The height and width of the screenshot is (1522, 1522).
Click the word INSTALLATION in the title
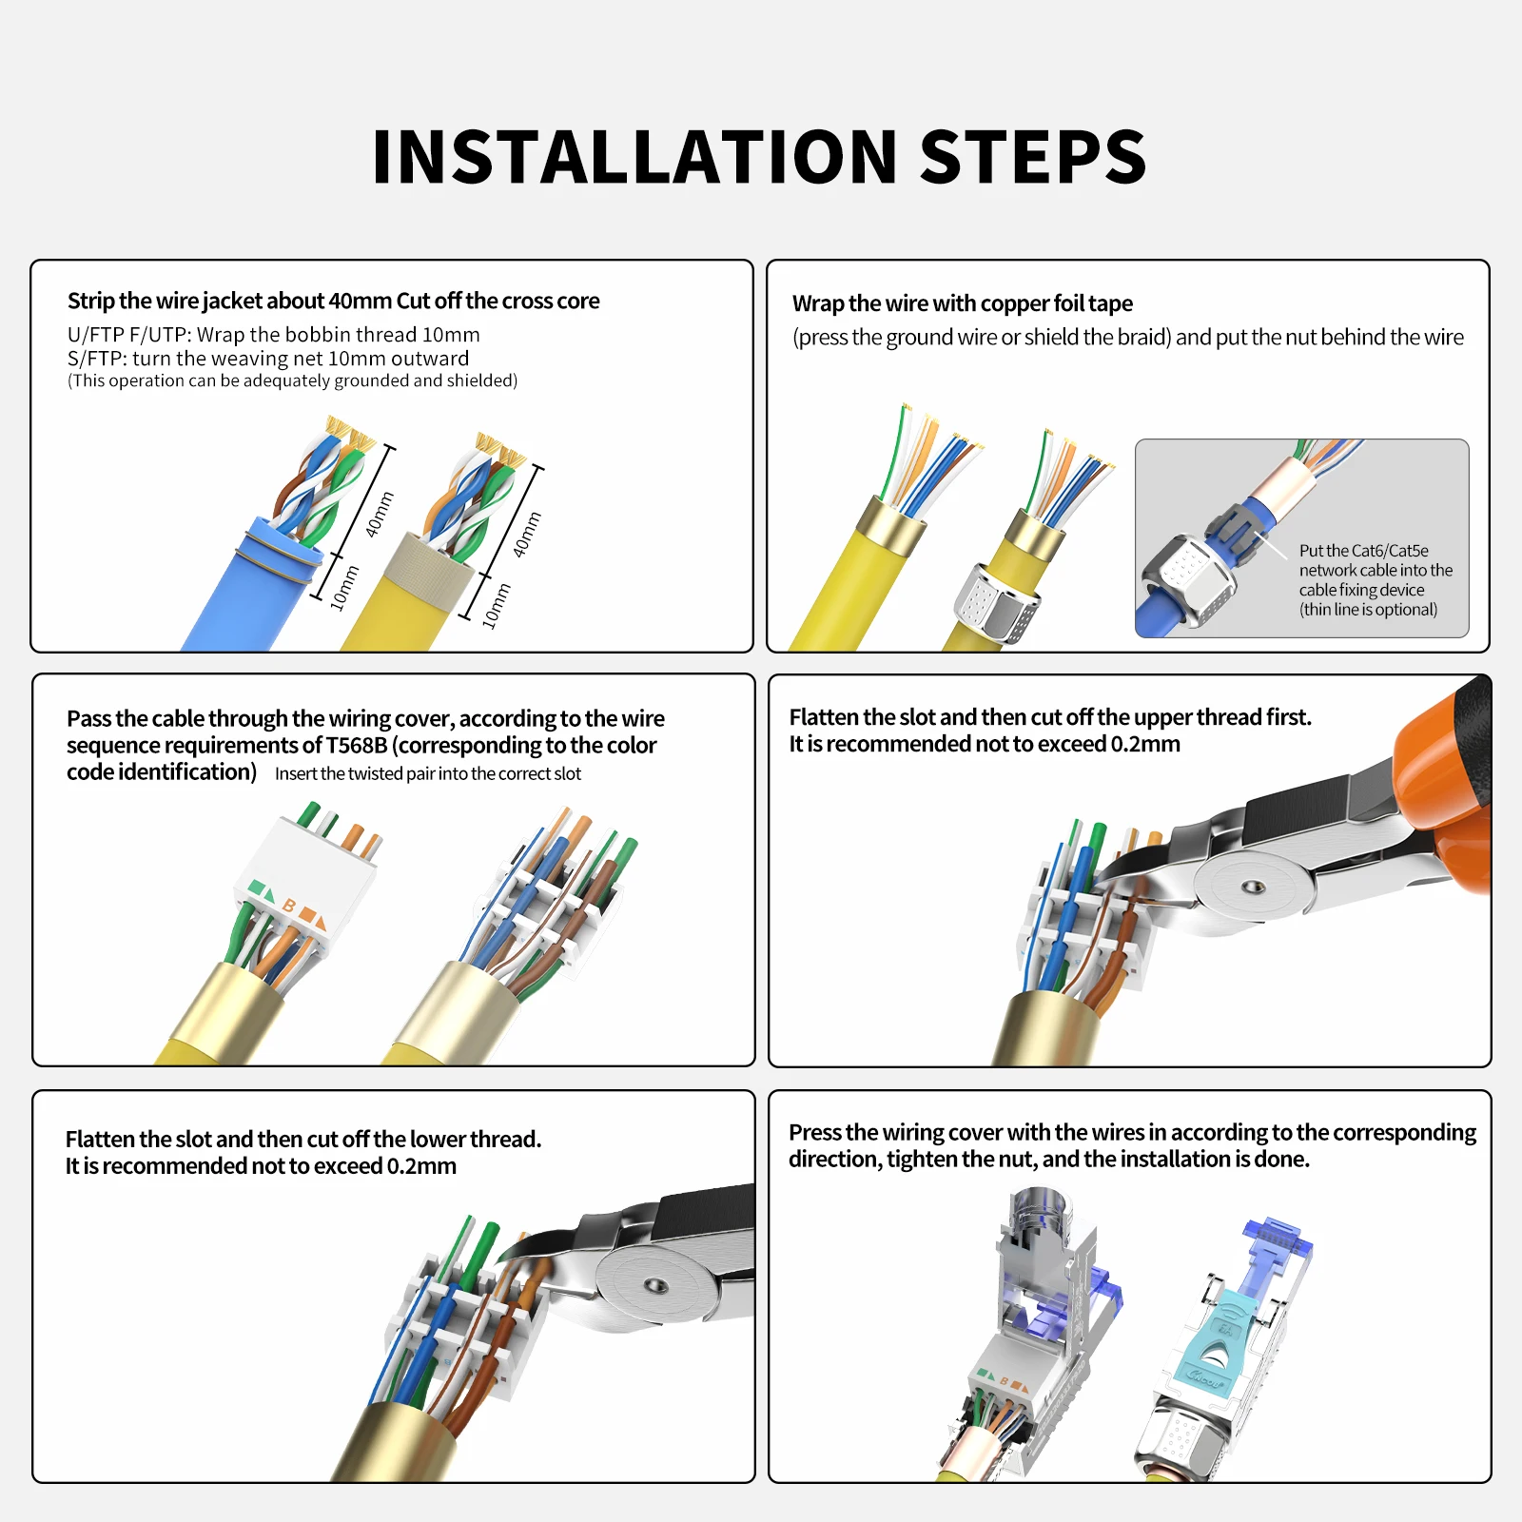click(x=634, y=157)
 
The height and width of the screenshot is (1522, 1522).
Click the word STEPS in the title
click(x=1034, y=157)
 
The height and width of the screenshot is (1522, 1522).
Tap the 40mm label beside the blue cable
click(x=380, y=514)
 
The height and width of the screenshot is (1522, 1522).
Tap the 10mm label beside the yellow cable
click(x=497, y=606)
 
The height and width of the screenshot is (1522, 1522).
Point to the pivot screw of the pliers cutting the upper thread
click(x=1255, y=887)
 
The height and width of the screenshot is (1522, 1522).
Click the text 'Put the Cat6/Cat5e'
click(x=1364, y=551)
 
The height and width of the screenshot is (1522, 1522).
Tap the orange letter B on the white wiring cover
click(x=289, y=906)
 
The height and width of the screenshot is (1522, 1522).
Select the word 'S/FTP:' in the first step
click(x=97, y=359)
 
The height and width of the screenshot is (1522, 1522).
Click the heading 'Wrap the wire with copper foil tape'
click(x=963, y=303)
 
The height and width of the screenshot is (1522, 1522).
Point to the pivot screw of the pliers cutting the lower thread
click(x=655, y=1286)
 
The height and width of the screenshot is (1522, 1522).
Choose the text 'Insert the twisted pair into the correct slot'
click(x=428, y=773)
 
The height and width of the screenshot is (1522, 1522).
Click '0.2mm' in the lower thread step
click(x=421, y=1166)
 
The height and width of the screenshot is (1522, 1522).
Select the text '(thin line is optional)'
click(x=1369, y=610)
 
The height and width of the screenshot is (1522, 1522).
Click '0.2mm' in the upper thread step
click(x=1145, y=744)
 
